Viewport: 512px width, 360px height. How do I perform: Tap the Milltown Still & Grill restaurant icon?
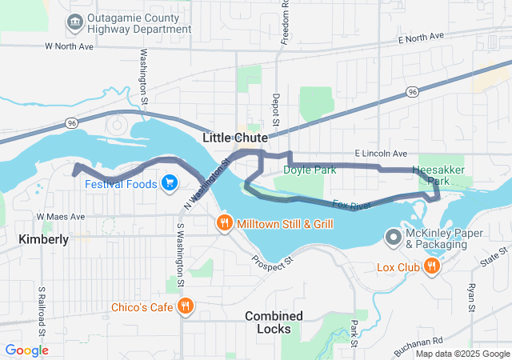(225, 224)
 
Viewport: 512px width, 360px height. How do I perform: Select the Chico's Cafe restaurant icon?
(186, 305)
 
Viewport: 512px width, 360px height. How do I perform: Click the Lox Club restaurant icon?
(432, 266)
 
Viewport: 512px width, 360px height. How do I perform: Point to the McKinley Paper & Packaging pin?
(394, 237)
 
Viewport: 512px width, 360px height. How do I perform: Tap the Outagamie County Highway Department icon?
(76, 20)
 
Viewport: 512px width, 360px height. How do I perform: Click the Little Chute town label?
(234, 138)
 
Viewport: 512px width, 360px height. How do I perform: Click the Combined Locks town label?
(274, 322)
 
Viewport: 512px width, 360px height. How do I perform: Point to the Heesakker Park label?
(437, 175)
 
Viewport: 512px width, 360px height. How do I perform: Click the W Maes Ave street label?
(60, 216)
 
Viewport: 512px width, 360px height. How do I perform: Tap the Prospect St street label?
(273, 261)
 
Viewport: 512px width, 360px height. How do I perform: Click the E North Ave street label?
(420, 38)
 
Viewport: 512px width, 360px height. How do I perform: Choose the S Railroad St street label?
(41, 313)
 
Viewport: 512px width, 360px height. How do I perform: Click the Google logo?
(26, 350)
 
